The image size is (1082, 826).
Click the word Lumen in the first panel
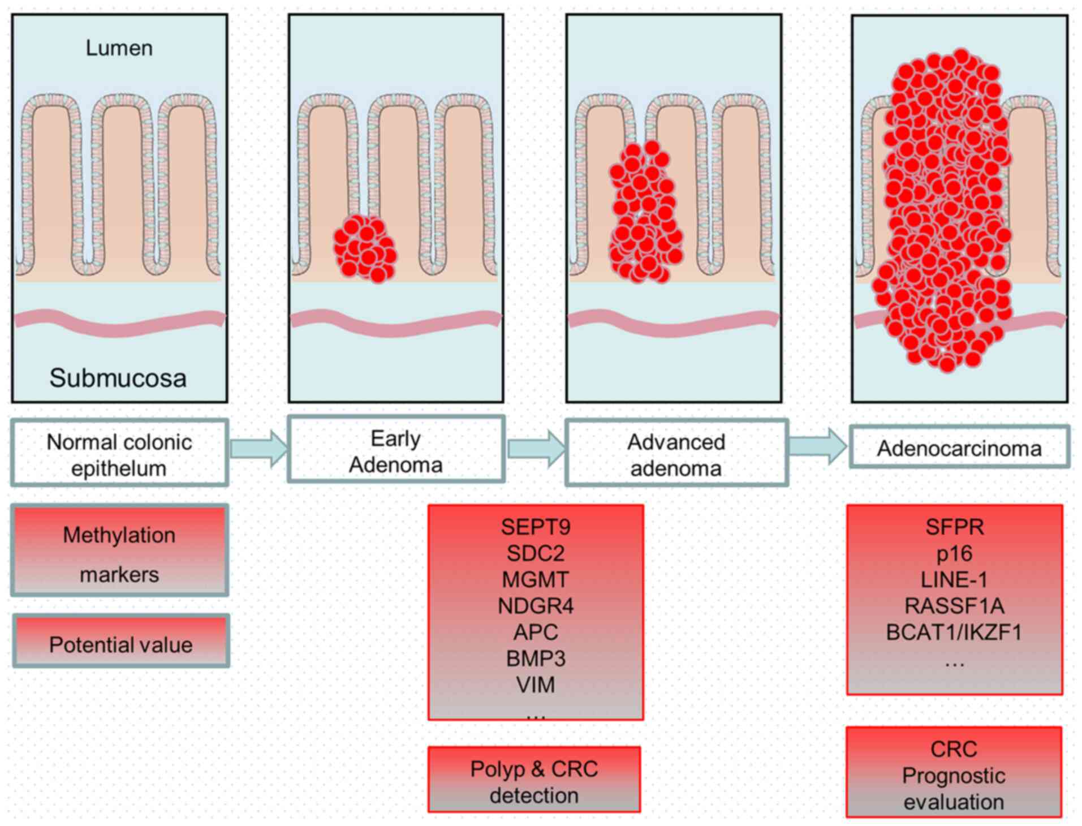click(x=119, y=48)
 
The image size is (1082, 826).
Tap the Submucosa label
click(x=118, y=378)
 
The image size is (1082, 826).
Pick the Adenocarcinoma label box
click(x=959, y=448)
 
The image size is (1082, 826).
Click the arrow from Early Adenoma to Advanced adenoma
click(x=535, y=448)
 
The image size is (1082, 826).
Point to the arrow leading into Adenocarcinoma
click(x=818, y=446)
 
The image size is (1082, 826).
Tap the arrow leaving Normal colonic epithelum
click(x=258, y=449)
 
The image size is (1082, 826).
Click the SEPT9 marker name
click(x=536, y=527)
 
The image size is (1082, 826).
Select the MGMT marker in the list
click(x=536, y=579)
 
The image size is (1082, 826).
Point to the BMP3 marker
click(x=536, y=658)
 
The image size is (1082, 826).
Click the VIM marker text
click(x=536, y=685)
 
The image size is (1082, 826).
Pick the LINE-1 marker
click(x=954, y=579)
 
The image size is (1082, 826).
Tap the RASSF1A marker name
click(x=954, y=606)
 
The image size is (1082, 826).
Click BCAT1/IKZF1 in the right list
click(x=954, y=632)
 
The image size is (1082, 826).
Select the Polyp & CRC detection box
click(x=534, y=781)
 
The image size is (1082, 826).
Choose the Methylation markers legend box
click(x=119, y=550)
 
